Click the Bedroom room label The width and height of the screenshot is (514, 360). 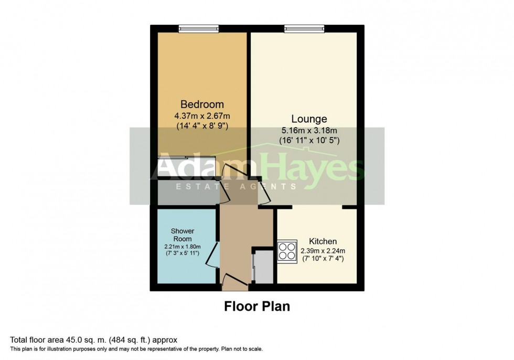[202, 104]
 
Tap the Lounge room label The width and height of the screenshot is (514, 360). [310, 119]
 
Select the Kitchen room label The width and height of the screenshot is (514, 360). [323, 241]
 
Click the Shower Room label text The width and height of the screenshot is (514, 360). [183, 235]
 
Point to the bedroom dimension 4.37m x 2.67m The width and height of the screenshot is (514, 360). [202, 115]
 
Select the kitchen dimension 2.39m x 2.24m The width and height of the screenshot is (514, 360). [322, 250]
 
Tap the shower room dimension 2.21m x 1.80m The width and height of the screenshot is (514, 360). [182, 246]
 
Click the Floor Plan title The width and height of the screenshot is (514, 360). [257, 306]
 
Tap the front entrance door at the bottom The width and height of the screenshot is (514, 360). [234, 282]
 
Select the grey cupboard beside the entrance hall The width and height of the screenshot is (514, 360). [262, 267]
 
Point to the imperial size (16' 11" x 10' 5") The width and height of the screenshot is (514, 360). [310, 140]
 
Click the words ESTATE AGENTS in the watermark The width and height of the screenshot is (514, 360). [236, 187]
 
